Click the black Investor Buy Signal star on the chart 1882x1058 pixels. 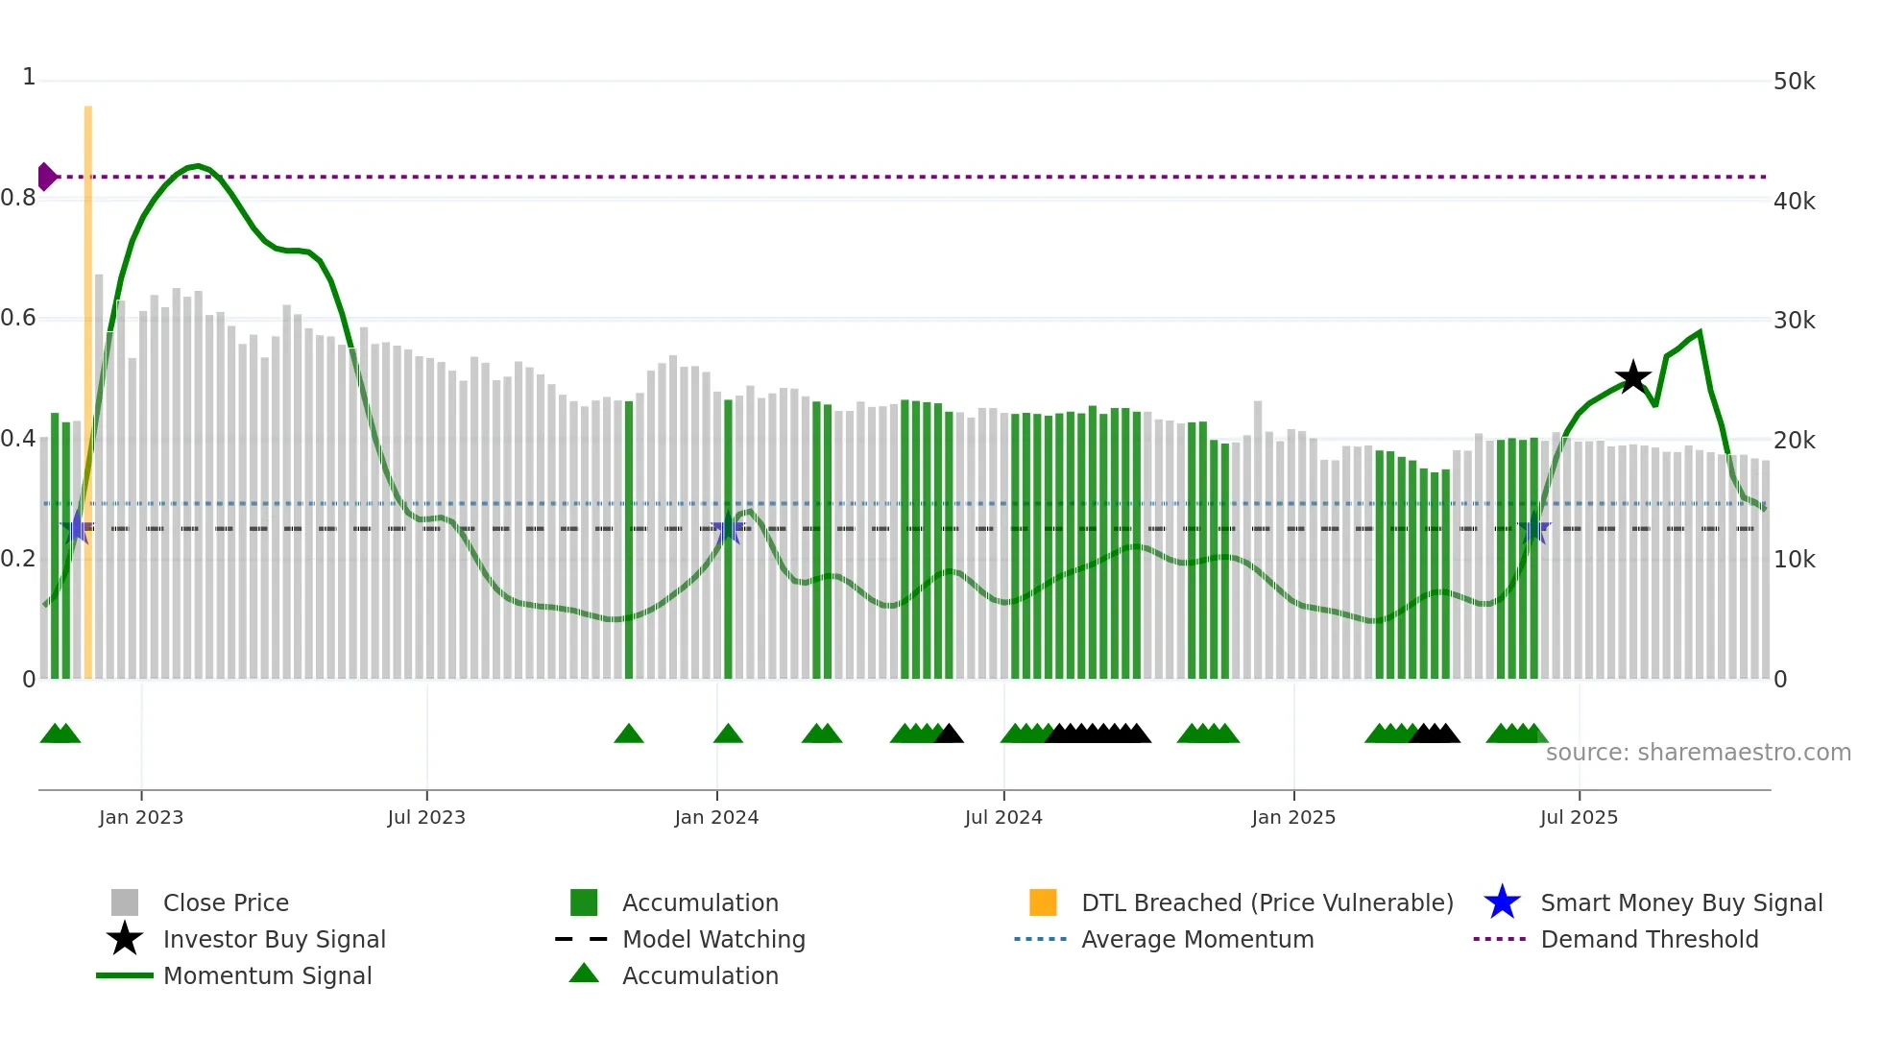pos(1632,377)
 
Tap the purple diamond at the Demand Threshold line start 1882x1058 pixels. pos(46,177)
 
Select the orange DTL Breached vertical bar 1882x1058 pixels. pos(88,384)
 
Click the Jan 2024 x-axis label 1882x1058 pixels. pos(716,817)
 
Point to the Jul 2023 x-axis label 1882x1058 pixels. pos(426,817)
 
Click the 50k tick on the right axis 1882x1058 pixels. pos(1794,82)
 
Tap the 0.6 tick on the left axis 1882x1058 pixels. pos(19,318)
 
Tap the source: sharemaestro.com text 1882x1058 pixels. pos(1698,753)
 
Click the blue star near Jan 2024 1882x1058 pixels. pos(728,528)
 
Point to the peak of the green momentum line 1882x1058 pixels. pos(197,166)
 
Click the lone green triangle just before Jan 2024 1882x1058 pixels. pos(629,734)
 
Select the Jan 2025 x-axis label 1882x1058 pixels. pos(1293,817)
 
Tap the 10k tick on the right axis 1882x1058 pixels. pos(1794,560)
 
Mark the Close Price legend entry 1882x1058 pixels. pos(225,902)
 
